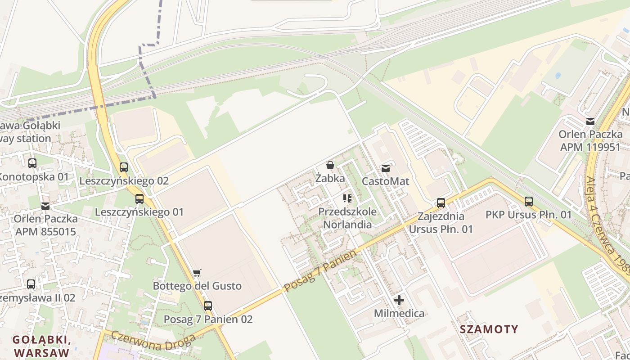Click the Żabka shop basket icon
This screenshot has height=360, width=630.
tap(330, 165)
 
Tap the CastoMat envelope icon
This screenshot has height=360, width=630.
tap(386, 168)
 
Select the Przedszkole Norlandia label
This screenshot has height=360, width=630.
tap(347, 218)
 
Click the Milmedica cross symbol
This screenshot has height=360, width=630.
tap(399, 300)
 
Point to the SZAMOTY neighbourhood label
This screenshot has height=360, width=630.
tap(489, 329)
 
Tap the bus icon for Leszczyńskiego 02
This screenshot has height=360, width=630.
tap(124, 167)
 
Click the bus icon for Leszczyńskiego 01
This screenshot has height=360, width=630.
tap(139, 198)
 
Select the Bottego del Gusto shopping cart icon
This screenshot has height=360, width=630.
tap(197, 273)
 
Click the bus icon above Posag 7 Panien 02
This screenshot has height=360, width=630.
tap(207, 306)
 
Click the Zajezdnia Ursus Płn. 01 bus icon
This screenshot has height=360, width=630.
tap(441, 203)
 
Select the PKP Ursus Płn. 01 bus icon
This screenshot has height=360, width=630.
tap(529, 202)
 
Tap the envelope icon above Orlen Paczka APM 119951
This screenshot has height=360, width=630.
tap(590, 121)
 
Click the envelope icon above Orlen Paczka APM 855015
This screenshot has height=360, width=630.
tap(45, 206)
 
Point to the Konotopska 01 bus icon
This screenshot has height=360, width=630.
tap(32, 163)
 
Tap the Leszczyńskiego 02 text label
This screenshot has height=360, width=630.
tap(124, 181)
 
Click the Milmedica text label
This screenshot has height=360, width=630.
tap(399, 313)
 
